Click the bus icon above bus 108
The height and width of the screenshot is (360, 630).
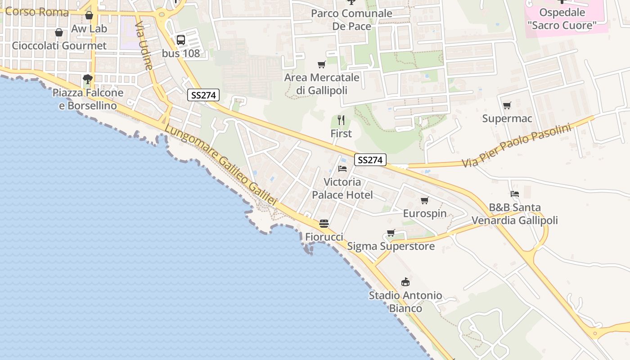point(181,40)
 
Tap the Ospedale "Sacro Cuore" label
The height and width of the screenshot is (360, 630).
point(562,19)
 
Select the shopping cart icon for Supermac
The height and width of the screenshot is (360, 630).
point(507,106)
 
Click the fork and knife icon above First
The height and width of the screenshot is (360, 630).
point(341,120)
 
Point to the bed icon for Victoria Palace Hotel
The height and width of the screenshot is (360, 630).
point(342,169)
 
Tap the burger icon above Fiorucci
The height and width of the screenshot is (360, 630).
point(324,224)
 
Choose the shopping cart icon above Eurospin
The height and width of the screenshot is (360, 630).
point(424,200)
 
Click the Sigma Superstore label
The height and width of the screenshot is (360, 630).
point(391,246)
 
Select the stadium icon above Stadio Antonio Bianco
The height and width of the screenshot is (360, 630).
point(405,282)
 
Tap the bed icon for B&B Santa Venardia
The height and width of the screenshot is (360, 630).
point(515,194)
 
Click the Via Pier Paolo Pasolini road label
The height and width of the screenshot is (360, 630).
point(517,145)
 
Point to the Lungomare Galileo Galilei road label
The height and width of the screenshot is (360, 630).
point(220,165)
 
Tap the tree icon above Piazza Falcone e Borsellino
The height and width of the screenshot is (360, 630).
point(88,80)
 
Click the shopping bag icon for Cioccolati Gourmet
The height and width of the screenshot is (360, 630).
point(59,32)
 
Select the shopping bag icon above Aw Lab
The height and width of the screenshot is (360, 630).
point(89,16)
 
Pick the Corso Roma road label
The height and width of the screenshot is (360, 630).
point(37,12)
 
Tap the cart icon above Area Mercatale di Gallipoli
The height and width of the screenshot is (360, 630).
point(321,65)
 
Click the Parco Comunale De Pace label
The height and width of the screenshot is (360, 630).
point(351,20)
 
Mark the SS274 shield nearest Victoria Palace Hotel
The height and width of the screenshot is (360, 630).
point(370,160)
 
